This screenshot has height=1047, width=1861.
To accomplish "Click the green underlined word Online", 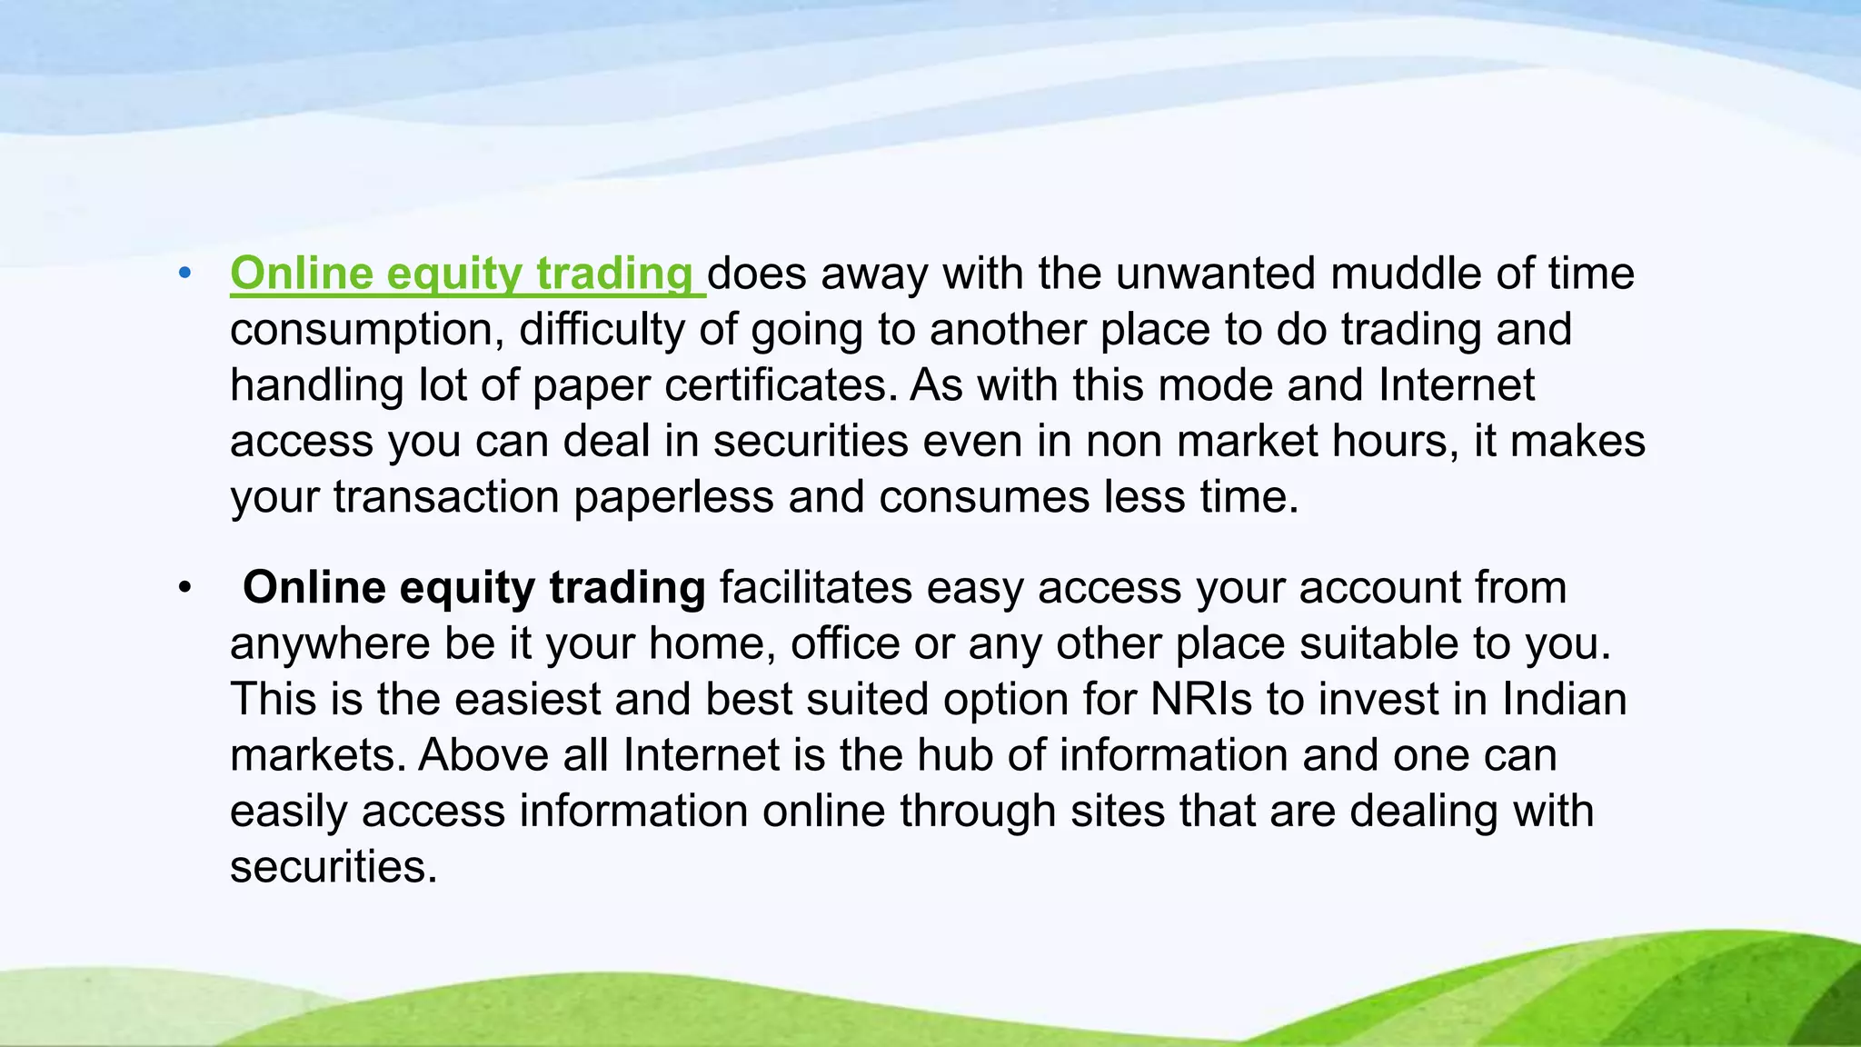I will point(301,274).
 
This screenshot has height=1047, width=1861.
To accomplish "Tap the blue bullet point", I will point(185,273).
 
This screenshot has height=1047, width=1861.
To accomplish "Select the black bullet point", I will point(185,588).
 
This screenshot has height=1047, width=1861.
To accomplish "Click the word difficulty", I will point(602,329).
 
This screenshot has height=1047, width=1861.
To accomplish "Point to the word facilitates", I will point(816,588).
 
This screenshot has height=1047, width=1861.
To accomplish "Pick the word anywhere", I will point(330,644).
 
